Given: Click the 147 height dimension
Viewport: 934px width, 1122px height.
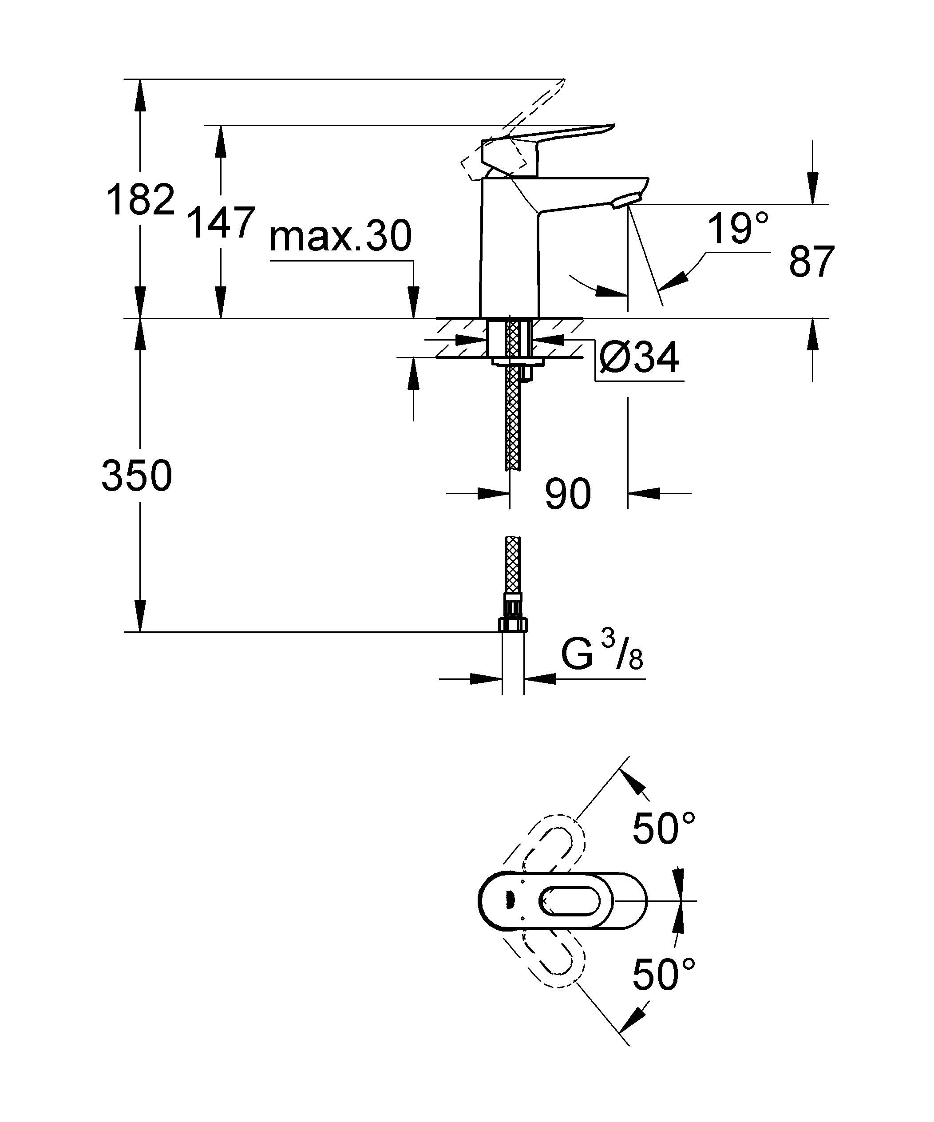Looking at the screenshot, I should (x=221, y=223).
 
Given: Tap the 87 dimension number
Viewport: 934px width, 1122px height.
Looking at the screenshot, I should (x=811, y=262).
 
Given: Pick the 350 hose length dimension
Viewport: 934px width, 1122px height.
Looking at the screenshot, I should (x=137, y=476).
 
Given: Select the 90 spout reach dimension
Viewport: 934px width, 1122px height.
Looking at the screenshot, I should (x=567, y=494).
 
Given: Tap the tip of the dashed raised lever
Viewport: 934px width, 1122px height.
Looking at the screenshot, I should (x=562, y=81).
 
